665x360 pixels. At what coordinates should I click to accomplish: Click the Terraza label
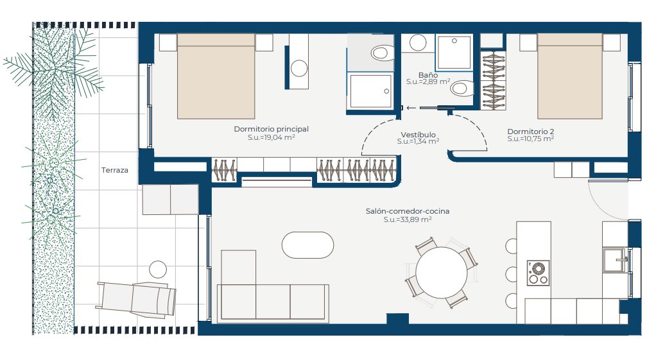click(x=114, y=170)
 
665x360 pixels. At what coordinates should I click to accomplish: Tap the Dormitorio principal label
click(x=271, y=129)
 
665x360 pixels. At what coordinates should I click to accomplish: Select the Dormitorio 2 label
click(x=531, y=132)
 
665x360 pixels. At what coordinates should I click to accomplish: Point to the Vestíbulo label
click(x=418, y=135)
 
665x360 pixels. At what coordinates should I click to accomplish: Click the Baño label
click(x=428, y=75)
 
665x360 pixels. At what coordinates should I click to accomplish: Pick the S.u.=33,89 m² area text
click(x=408, y=219)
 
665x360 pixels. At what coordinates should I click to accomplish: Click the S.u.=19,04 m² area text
click(x=271, y=137)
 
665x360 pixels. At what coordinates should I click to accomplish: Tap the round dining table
click(x=441, y=273)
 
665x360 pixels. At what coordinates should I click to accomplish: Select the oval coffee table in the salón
click(x=308, y=245)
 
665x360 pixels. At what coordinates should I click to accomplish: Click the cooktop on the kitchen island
click(x=538, y=273)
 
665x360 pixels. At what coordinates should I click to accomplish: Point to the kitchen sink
click(x=616, y=261)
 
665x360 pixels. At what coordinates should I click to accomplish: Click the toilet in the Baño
click(x=462, y=89)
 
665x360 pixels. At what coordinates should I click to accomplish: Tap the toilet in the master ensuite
click(x=382, y=53)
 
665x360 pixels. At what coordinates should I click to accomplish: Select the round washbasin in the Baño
click(x=418, y=42)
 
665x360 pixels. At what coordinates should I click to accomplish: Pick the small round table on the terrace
click(x=158, y=270)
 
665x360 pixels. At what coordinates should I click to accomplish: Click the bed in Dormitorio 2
click(x=569, y=76)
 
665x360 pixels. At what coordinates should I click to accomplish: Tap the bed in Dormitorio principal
click(x=216, y=76)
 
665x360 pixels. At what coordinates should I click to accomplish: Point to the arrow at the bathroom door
click(x=411, y=108)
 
